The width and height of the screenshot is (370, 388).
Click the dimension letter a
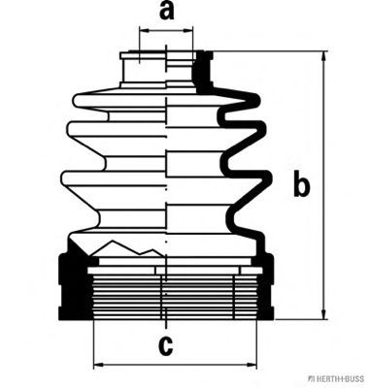(x=167, y=12)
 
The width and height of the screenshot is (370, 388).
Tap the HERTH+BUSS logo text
(x=339, y=378)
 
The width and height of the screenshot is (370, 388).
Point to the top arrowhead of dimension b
(x=323, y=58)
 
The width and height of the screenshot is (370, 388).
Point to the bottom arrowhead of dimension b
(x=323, y=312)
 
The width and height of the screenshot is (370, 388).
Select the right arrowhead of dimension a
(x=186, y=31)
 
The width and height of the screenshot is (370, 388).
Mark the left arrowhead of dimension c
(x=100, y=366)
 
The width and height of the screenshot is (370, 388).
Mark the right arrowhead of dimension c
(x=250, y=366)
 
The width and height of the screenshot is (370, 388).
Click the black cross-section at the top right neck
(x=202, y=72)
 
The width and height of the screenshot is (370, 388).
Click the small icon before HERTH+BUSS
(x=310, y=378)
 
